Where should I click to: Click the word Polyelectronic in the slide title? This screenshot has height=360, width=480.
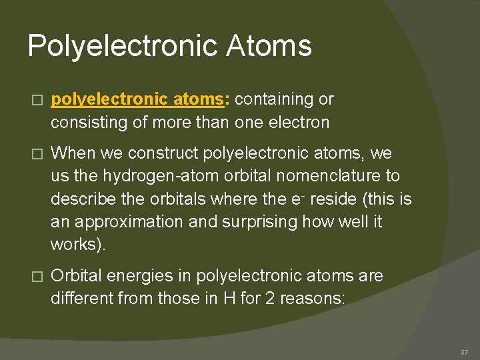[x=121, y=46]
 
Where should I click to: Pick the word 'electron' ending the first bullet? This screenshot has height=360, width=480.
[x=299, y=123]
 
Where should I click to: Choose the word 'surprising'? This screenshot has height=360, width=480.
[x=258, y=221]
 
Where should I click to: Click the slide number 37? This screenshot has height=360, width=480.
[x=465, y=351]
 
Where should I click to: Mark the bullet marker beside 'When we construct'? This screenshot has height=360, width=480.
[x=36, y=154]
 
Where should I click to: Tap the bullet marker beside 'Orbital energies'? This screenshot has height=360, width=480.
[x=36, y=276]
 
